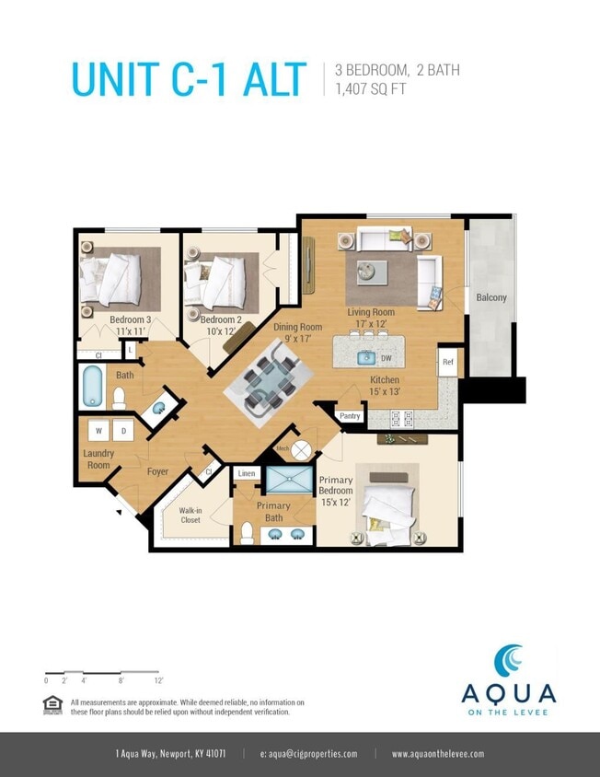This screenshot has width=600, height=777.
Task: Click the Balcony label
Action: point(490,297)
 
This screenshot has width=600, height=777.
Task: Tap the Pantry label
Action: point(350,416)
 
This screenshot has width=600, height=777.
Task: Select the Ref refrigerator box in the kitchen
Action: point(448,362)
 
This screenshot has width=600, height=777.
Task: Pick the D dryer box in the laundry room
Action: point(122,430)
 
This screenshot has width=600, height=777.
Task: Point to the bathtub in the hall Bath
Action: point(92,387)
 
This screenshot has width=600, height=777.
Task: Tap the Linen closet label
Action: point(246,474)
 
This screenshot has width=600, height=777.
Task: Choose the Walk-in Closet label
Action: point(190,515)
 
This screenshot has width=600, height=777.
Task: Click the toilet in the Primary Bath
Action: point(247,533)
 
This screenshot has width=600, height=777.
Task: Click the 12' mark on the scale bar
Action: point(158,680)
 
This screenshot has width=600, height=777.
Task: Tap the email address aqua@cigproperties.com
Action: point(308,754)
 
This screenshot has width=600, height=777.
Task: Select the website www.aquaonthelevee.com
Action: point(437,754)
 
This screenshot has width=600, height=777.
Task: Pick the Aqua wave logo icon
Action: point(508,661)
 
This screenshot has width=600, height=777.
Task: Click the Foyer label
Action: point(157,471)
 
